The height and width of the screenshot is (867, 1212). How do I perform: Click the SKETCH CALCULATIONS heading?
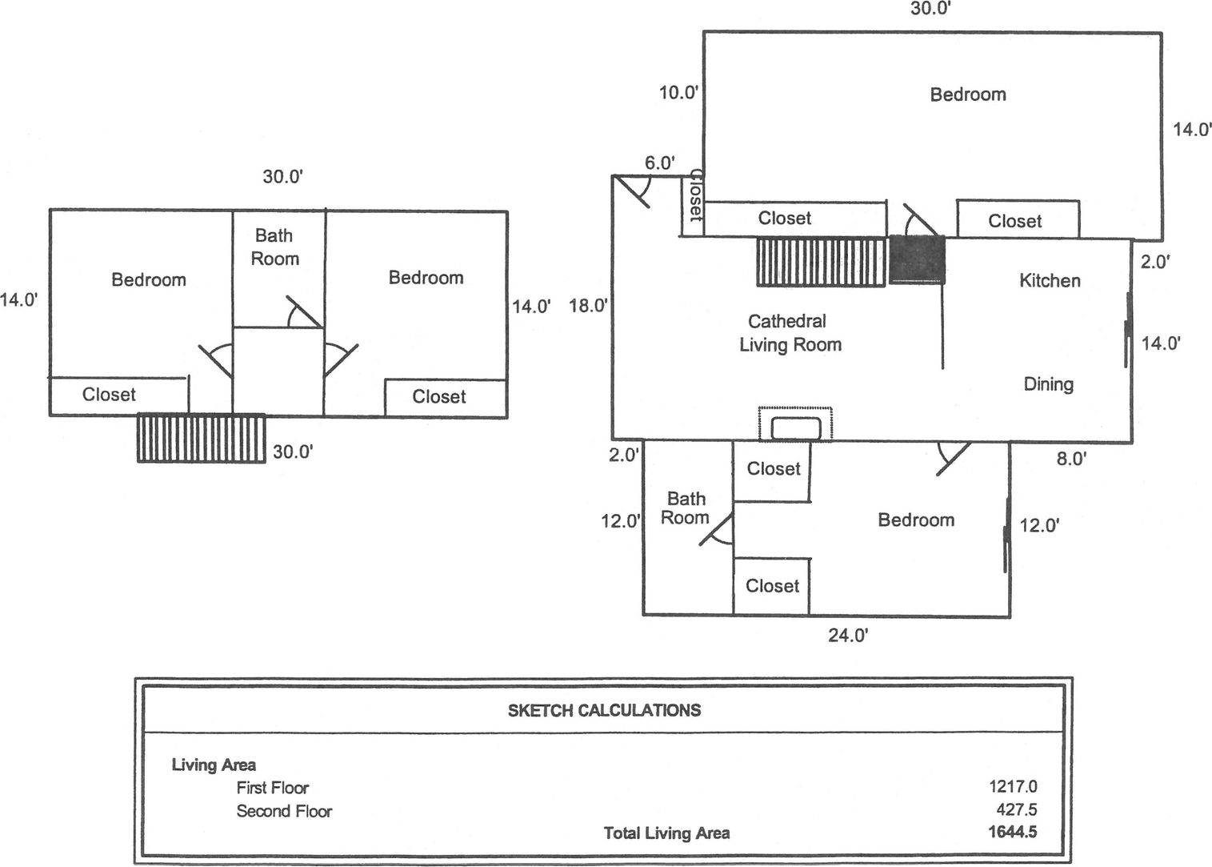[604, 710]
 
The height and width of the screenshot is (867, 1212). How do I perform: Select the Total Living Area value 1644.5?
[1013, 832]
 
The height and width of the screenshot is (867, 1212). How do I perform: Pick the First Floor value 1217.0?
[1013, 788]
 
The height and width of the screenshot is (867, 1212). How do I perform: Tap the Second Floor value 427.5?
[1017, 810]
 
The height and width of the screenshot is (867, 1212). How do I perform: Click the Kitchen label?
[1050, 280]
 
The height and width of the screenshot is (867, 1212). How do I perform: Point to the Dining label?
[1048, 384]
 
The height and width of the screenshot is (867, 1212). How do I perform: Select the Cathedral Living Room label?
[790, 333]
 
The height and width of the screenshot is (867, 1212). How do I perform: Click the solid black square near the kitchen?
[918, 259]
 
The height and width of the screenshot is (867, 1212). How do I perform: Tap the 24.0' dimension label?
[848, 636]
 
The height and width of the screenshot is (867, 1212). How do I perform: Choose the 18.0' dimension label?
[589, 305]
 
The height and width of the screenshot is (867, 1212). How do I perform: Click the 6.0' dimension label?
[660, 163]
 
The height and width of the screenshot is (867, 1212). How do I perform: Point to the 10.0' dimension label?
[679, 93]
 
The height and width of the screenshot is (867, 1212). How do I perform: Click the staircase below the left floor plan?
[201, 437]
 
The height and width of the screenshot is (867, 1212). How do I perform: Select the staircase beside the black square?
[822, 262]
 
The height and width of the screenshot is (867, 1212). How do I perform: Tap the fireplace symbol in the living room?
[795, 423]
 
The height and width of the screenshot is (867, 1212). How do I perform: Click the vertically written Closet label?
[694, 196]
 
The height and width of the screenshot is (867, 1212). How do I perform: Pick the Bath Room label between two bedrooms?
[274, 247]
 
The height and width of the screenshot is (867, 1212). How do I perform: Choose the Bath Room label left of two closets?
[686, 508]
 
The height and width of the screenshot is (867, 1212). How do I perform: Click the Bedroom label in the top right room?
[967, 94]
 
